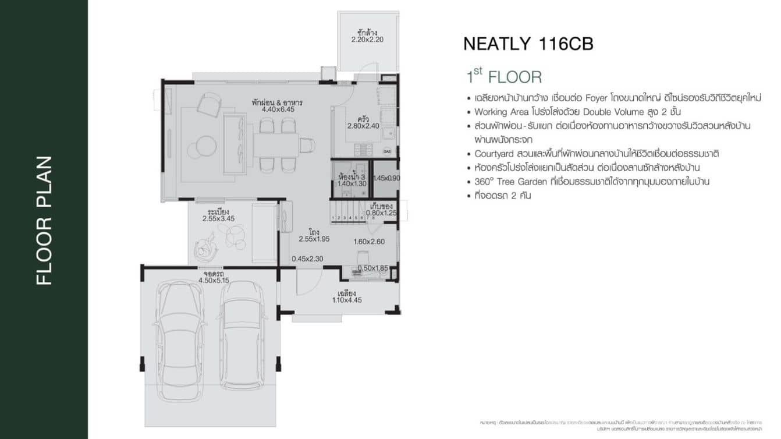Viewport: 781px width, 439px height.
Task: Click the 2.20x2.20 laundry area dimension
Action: click(367, 40)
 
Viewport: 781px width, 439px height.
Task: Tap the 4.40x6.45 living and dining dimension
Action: click(278, 109)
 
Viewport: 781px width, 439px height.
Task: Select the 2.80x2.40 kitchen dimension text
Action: click(363, 125)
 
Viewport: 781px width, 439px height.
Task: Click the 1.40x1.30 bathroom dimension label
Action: click(352, 183)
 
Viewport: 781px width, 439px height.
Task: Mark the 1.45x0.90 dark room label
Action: click(387, 178)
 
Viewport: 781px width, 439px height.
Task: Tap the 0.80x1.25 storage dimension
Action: click(381, 213)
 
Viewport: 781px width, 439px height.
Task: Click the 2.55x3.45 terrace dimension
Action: click(218, 218)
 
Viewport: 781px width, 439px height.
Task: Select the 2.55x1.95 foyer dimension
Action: click(314, 239)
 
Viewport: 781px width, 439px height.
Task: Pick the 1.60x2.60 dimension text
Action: click(370, 242)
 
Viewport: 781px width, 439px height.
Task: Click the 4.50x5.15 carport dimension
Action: click(214, 280)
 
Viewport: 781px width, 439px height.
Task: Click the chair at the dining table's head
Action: click(307, 145)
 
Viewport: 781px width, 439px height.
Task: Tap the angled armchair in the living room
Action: click(209, 105)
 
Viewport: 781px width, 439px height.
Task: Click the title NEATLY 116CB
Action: click(528, 44)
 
